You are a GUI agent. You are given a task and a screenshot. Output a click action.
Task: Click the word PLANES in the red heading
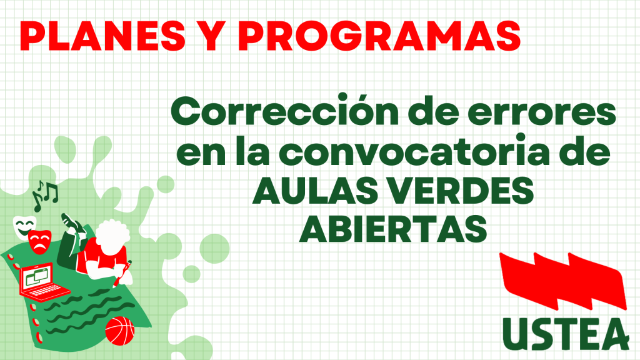102,36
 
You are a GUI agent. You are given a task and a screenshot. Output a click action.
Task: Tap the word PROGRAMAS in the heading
379,36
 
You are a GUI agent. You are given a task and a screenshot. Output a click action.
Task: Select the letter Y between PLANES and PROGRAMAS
212,36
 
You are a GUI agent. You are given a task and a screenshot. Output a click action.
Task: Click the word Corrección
285,111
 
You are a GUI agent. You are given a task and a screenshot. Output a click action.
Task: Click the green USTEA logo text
566,334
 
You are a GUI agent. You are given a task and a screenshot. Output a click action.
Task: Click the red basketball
119,331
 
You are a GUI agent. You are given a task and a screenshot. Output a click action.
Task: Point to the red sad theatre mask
39,242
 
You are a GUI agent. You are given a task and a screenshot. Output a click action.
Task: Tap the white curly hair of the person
112,235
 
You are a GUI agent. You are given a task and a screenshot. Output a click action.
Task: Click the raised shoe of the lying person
71,222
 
